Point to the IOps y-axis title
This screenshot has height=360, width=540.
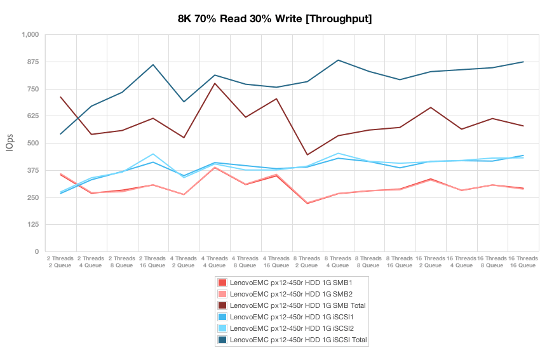pos(10,143)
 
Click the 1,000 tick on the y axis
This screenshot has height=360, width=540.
pos(29,34)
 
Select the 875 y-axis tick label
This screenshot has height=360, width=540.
pos(32,62)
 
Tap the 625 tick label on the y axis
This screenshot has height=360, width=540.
pos(32,116)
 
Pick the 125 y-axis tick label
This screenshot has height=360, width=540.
pos(32,224)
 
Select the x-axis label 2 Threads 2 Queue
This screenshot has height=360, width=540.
pos(60,262)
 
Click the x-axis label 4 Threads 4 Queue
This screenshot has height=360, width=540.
pos(215,262)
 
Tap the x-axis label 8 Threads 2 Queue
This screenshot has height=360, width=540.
pos(307,262)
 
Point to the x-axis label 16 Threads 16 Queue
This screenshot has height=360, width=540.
pos(523,262)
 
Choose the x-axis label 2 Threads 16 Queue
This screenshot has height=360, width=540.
pos(153,262)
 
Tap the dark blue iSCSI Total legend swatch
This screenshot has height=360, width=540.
pos(222,340)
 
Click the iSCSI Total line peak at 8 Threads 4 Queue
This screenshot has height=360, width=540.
pos(338,60)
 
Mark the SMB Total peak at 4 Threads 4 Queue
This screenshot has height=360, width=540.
pos(215,83)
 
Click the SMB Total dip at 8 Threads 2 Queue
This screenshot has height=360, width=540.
pos(307,155)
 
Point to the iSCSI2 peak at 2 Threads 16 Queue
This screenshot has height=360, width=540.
pos(153,154)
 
